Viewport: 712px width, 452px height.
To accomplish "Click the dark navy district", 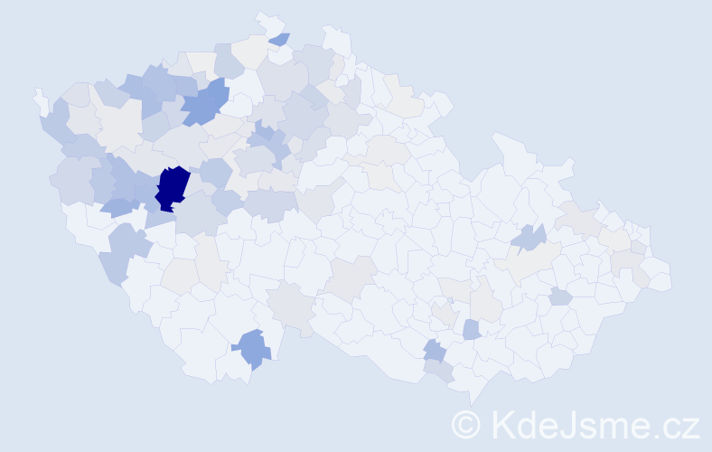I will (173, 187).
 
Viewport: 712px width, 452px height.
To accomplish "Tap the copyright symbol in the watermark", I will (467, 425).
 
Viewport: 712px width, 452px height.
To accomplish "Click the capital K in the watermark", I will (504, 425).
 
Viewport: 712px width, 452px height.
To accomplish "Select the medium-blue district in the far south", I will (253, 348).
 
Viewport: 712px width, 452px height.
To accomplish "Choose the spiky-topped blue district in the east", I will (529, 238).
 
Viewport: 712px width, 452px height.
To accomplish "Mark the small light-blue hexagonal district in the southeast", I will (560, 297).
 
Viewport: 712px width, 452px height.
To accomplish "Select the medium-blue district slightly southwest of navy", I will (117, 207).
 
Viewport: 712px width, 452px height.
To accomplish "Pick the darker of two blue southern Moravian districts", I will (435, 350).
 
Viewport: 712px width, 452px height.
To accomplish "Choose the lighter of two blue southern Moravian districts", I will (471, 329).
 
